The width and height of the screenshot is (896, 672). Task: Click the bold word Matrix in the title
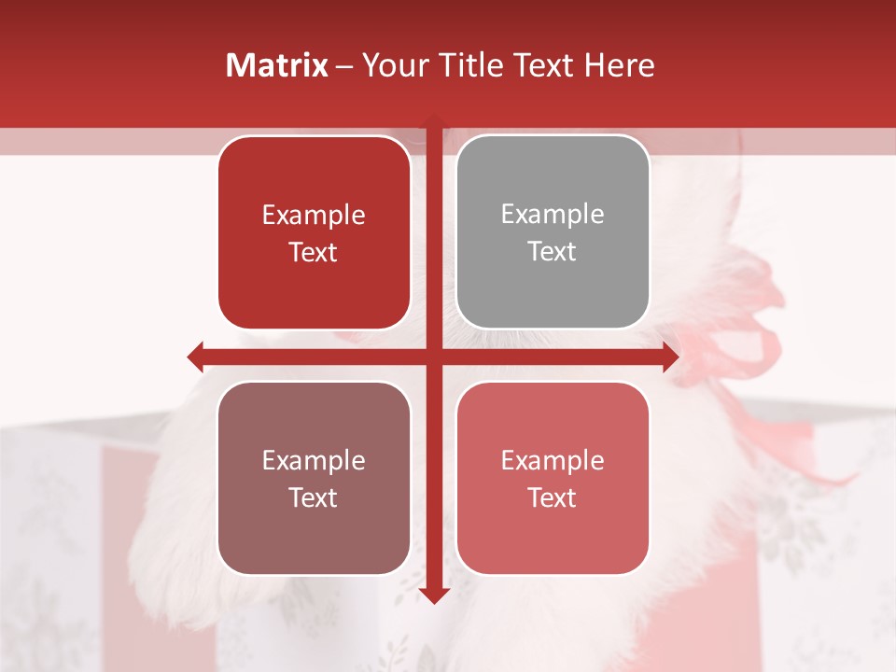click(x=276, y=65)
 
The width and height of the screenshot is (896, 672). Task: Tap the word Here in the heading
click(x=619, y=65)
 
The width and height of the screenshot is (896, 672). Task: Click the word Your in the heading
click(x=393, y=65)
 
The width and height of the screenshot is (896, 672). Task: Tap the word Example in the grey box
click(x=553, y=215)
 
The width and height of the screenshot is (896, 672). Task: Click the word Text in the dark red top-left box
click(x=314, y=253)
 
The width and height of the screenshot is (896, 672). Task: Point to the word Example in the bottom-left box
click(x=314, y=460)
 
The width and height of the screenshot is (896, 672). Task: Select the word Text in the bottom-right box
click(x=553, y=497)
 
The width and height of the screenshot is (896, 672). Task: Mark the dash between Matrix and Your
click(x=344, y=66)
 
